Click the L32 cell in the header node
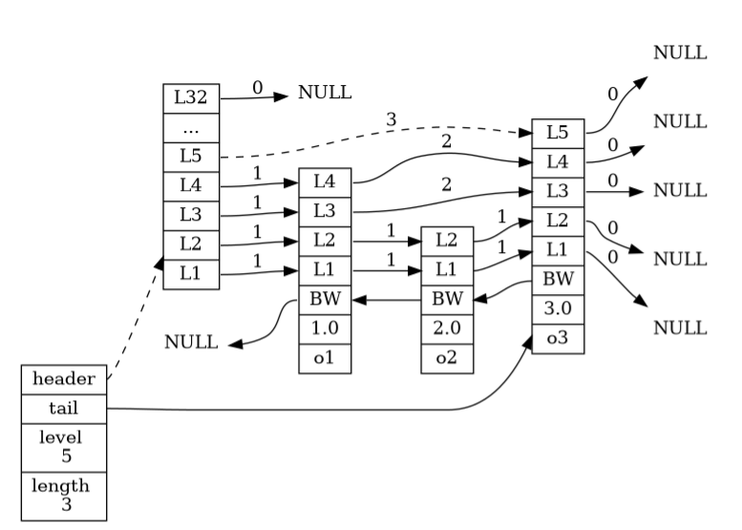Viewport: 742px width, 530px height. [192, 97]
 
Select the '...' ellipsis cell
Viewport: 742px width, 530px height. [192, 126]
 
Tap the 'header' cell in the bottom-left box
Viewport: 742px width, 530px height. [64, 379]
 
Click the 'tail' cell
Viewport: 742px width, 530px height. [64, 409]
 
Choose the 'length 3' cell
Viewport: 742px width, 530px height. [64, 496]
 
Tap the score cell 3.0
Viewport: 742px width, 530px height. [558, 309]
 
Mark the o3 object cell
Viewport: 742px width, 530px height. [558, 338]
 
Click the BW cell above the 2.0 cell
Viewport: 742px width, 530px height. [447, 299]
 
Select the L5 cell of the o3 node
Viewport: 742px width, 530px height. [558, 133]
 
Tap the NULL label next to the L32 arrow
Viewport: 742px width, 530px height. [325, 94]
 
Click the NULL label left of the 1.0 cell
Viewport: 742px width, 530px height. [191, 342]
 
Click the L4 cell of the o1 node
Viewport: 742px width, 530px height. [325, 180]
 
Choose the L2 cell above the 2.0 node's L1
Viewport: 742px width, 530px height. [447, 240]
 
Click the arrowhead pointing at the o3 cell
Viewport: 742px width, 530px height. [528, 344]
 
